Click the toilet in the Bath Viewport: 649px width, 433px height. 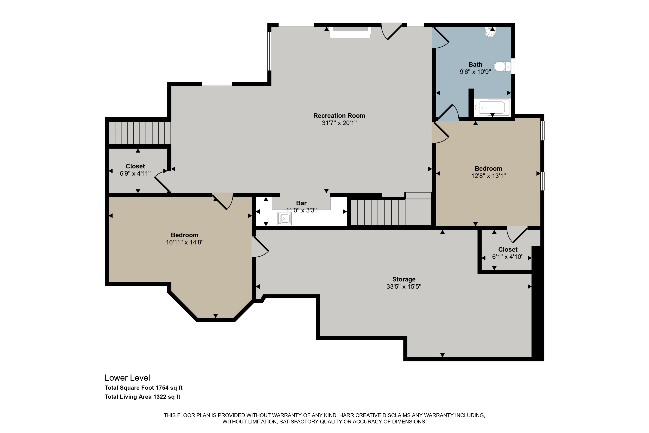pyautogui.click(x=502, y=66)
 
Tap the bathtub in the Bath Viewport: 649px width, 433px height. pyautogui.click(x=492, y=107)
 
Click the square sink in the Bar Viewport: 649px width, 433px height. pyautogui.click(x=284, y=219)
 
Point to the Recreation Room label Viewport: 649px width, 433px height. pyautogui.click(x=339, y=116)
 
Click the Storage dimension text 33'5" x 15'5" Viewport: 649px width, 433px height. pyautogui.click(x=404, y=287)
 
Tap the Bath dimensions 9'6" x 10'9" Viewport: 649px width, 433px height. pyautogui.click(x=475, y=72)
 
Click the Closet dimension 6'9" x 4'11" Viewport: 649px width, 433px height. pyautogui.click(x=135, y=173)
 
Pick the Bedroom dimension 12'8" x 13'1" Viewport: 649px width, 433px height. pyautogui.click(x=488, y=176)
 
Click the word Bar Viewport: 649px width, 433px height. pyautogui.click(x=301, y=203)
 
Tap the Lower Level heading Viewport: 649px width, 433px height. pyautogui.click(x=127, y=378)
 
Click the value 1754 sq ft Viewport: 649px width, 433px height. pyautogui.click(x=169, y=388)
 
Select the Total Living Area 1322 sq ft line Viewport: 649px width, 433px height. pyautogui.click(x=142, y=397)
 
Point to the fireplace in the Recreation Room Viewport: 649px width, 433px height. pyautogui.click(x=350, y=32)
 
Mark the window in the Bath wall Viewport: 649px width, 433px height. pyautogui.click(x=513, y=66)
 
